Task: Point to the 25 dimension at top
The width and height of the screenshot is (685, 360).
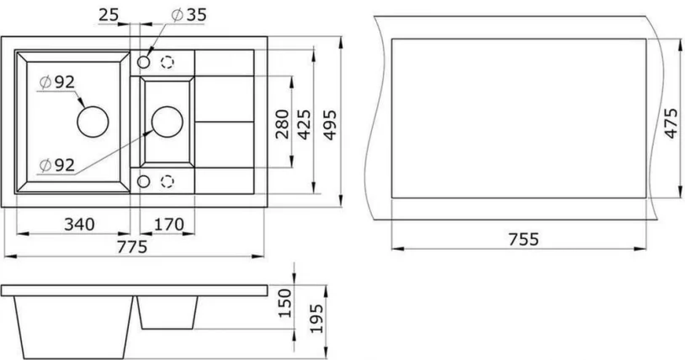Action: click(x=107, y=14)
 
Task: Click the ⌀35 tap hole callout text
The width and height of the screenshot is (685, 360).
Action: click(x=189, y=14)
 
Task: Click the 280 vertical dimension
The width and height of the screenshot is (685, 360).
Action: click(x=282, y=124)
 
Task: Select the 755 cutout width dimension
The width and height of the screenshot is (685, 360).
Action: click(x=522, y=239)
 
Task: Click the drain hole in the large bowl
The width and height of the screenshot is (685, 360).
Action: click(x=92, y=121)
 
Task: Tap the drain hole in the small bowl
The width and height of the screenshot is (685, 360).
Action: click(x=166, y=121)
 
